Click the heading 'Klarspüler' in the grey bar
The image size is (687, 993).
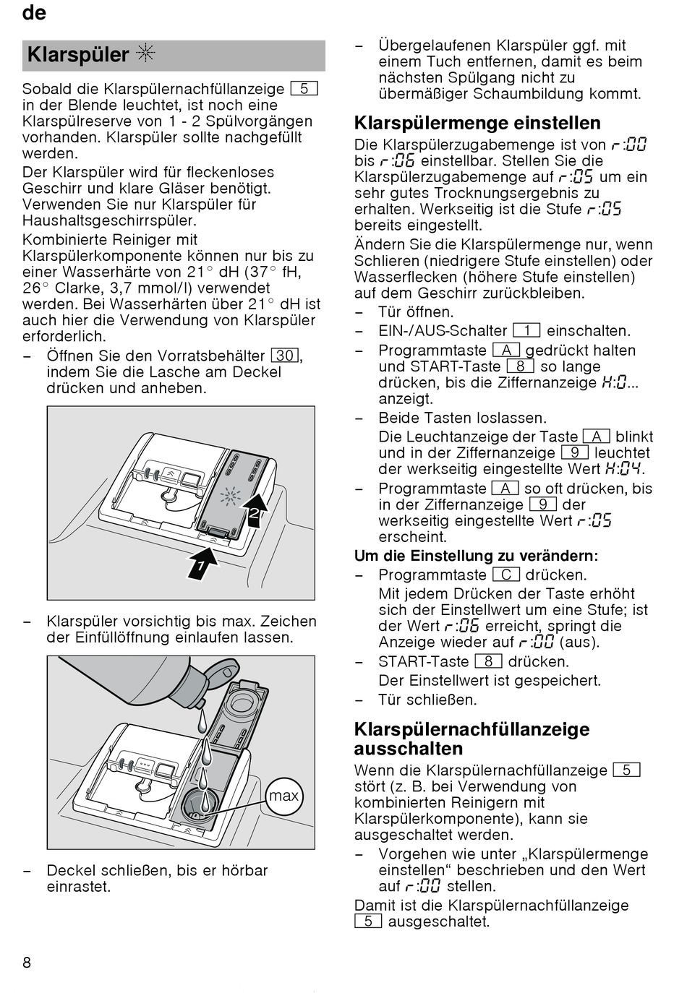pos(77,55)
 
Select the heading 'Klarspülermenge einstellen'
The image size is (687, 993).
pos(477,123)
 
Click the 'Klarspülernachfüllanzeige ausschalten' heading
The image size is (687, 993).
pos(471,739)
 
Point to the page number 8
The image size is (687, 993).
pos(27,962)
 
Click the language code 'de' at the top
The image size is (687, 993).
pos(34,13)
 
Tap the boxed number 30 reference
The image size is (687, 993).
pos(286,356)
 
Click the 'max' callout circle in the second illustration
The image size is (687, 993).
pos(283,796)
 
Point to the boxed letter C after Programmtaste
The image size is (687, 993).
pos(506,575)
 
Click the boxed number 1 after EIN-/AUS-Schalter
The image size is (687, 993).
pos(526,331)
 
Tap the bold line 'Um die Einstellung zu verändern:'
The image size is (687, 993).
pos(476,556)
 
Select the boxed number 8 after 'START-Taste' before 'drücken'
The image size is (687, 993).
pos(488,661)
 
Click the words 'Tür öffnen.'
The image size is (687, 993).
pos(416,312)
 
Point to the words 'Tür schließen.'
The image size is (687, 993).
pos(427,700)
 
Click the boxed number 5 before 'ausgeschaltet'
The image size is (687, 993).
pos(368,921)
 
